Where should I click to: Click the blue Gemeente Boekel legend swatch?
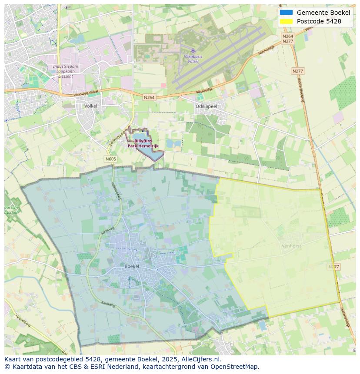286,13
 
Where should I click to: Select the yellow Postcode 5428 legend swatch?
286,21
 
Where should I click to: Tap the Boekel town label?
132,266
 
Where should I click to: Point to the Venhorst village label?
291,246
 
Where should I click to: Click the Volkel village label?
90,106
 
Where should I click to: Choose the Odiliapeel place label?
206,106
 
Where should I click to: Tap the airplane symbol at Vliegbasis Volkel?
193,50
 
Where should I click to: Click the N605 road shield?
111,159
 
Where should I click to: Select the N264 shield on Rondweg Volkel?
149,98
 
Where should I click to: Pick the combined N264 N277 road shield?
288,39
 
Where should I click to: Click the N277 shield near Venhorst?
334,267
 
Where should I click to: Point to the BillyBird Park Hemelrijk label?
143,143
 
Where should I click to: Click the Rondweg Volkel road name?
87,92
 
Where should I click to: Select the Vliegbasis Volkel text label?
193,59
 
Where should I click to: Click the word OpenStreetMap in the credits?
237,367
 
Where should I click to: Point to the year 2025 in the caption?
172,359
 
